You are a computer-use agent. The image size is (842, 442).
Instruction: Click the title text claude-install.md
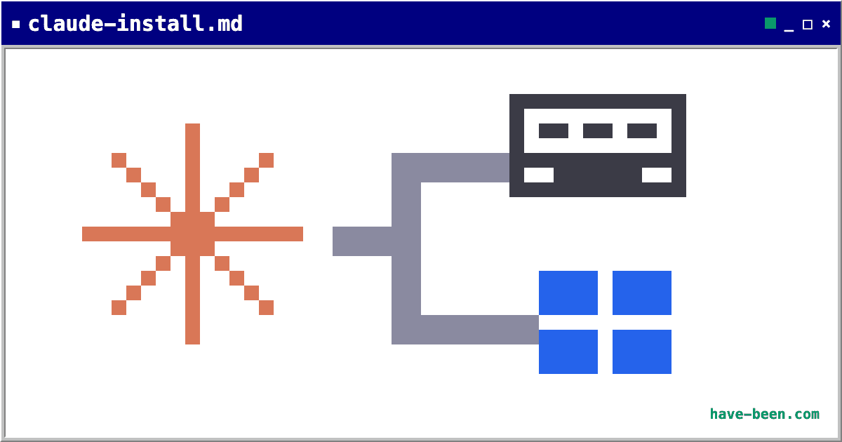[x=135, y=24]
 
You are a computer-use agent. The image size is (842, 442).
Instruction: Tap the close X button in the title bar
[x=826, y=24]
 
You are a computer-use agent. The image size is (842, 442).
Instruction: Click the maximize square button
[x=808, y=25]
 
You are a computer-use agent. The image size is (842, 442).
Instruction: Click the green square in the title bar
[x=770, y=23]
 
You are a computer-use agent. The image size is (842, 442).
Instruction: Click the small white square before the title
[x=15, y=25]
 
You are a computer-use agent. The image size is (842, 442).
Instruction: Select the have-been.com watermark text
[x=765, y=414]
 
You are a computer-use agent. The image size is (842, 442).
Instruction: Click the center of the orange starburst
[x=192, y=234]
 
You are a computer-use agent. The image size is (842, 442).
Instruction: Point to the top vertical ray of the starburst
[x=192, y=168]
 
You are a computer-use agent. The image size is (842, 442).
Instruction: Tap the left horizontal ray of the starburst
[x=126, y=234]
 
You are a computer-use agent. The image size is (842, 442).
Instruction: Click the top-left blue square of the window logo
[x=568, y=293]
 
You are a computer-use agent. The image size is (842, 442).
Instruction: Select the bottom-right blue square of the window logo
[x=642, y=351]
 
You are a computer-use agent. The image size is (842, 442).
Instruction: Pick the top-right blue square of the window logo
[x=642, y=293]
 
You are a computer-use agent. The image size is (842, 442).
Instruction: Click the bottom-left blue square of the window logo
[x=568, y=351]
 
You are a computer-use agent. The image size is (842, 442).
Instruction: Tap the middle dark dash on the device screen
[x=598, y=130]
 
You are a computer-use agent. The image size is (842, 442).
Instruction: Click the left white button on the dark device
[x=539, y=175]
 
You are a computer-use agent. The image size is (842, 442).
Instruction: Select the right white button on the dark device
[x=657, y=175]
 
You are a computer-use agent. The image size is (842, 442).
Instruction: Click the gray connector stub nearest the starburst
[x=362, y=241]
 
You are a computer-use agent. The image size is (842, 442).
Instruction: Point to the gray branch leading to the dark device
[x=450, y=168]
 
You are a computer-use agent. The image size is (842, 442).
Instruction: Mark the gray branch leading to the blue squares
[x=465, y=330]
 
